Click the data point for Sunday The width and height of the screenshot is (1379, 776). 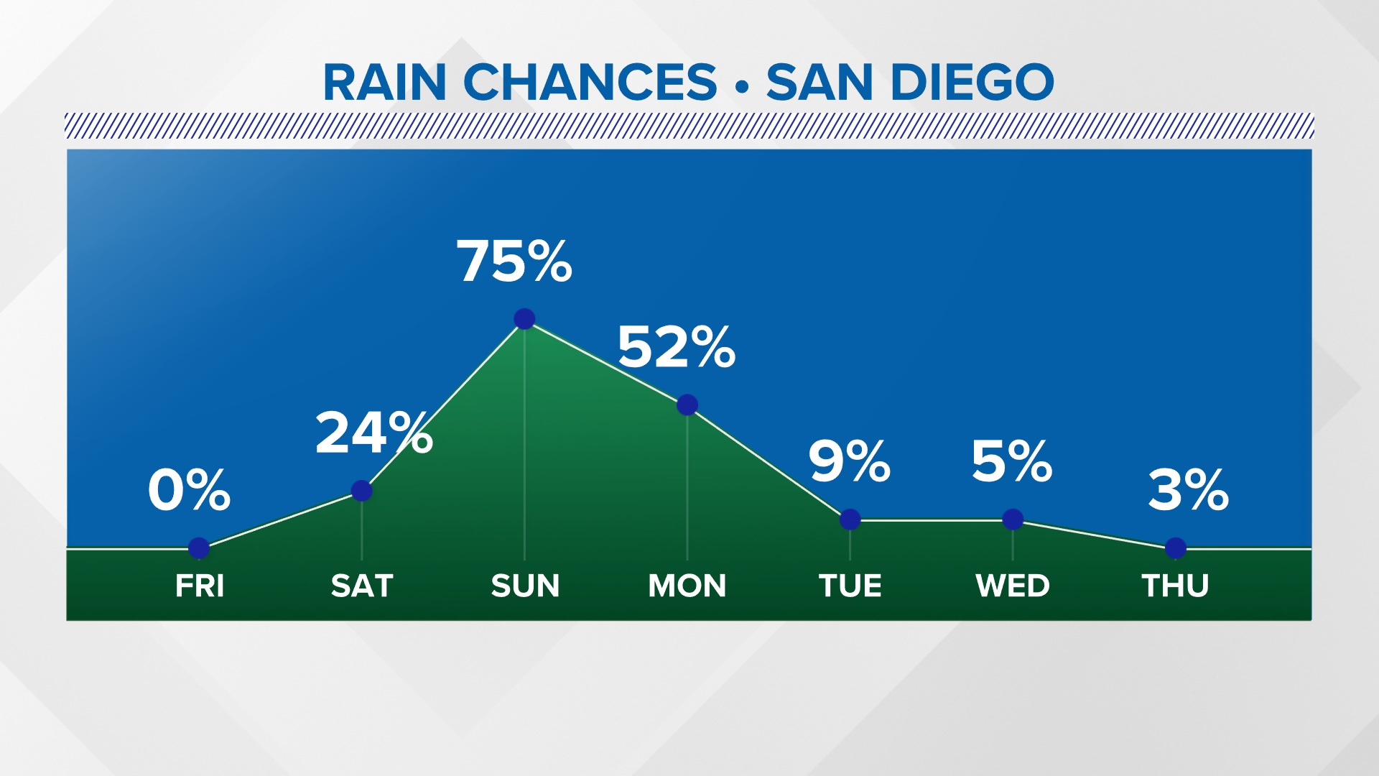pyautogui.click(x=524, y=318)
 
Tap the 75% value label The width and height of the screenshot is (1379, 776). pyautogui.click(x=514, y=261)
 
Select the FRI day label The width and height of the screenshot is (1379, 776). pyautogui.click(x=200, y=586)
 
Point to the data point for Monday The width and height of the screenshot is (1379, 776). pyautogui.click(x=687, y=405)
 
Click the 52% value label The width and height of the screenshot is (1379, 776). pyautogui.click(x=676, y=347)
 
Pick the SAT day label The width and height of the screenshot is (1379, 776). pyautogui.click(x=362, y=586)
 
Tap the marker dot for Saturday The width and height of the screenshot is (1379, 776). pyautogui.click(x=362, y=491)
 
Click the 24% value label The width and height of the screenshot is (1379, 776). pyautogui.click(x=373, y=433)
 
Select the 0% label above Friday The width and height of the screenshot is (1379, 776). pyautogui.click(x=189, y=491)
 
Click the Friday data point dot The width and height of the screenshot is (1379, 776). pyautogui.click(x=199, y=548)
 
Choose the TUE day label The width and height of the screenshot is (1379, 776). pyautogui.click(x=850, y=586)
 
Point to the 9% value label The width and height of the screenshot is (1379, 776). pyautogui.click(x=849, y=461)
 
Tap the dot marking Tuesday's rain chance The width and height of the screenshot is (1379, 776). pyautogui.click(x=850, y=519)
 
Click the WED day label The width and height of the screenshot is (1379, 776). pyautogui.click(x=1013, y=586)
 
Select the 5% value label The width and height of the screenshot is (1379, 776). pyautogui.click(x=1011, y=461)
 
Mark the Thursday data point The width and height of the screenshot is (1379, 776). pyautogui.click(x=1176, y=548)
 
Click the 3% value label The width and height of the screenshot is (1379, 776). pyautogui.click(x=1188, y=491)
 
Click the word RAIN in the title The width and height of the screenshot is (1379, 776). pyautogui.click(x=385, y=82)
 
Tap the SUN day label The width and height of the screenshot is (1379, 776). pyautogui.click(x=525, y=586)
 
